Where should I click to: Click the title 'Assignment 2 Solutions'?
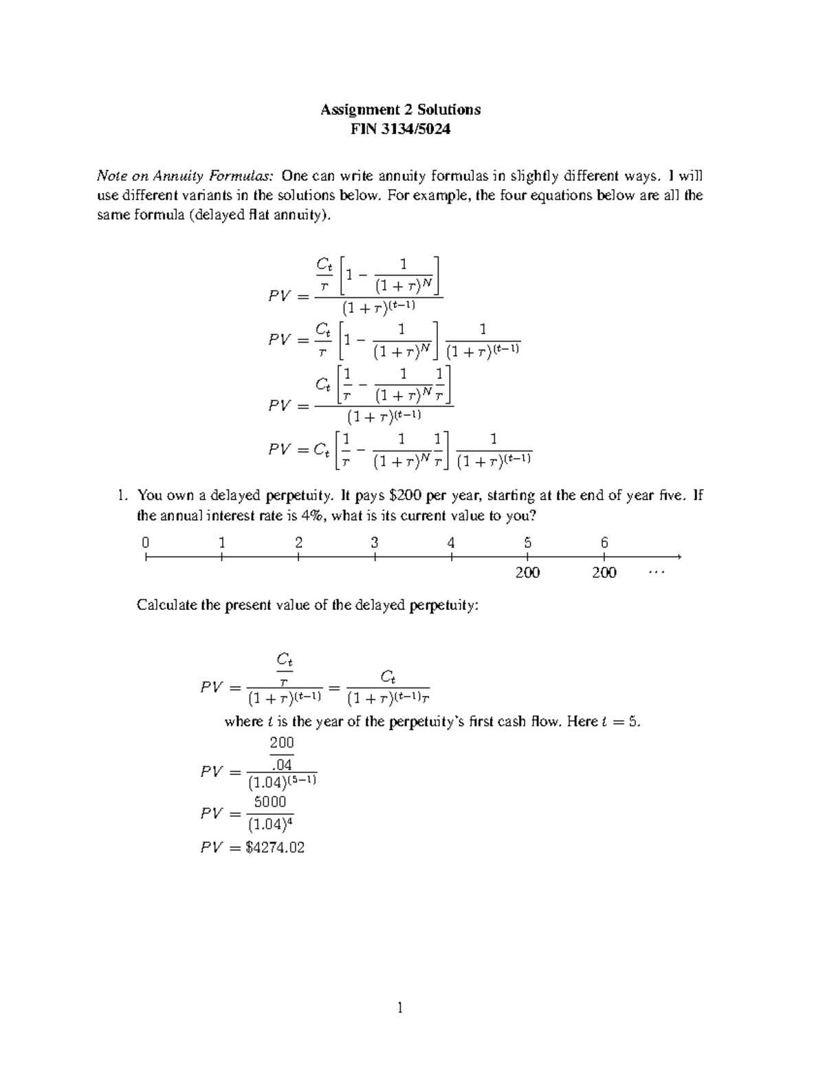(400, 109)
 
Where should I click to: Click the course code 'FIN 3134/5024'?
(400, 129)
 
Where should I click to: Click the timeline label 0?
(145, 543)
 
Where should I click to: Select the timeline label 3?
(375, 543)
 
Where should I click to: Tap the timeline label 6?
(604, 543)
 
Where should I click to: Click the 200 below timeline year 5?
(528, 572)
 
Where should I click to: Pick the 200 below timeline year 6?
(604, 572)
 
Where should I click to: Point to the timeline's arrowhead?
(678, 557)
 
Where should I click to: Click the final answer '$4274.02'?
(275, 847)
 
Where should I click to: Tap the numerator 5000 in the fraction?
(270, 802)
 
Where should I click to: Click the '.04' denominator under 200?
(282, 765)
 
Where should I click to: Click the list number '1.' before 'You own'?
(122, 496)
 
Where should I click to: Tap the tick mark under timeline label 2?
(298, 557)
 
